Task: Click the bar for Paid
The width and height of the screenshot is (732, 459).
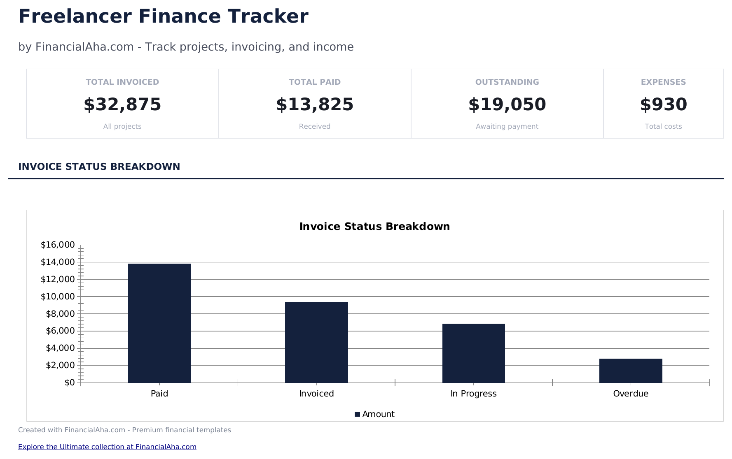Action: [159, 323]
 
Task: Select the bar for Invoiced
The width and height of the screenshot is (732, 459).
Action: [316, 342]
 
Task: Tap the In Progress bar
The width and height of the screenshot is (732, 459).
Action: [473, 353]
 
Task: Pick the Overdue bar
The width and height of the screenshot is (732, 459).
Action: [630, 371]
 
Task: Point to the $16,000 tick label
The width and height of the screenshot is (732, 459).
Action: [58, 245]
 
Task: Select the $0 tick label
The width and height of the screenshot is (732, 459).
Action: [70, 382]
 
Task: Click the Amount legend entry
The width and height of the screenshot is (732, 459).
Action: [374, 414]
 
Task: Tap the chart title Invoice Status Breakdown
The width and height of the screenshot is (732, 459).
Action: [374, 227]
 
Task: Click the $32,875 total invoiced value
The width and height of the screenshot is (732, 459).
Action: [122, 104]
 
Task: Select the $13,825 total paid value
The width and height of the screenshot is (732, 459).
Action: [315, 104]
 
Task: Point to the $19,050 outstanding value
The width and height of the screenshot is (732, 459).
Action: [507, 104]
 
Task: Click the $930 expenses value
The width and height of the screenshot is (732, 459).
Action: [663, 104]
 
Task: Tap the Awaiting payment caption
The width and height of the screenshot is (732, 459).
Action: [507, 126]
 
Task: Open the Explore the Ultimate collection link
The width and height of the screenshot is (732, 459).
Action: [107, 447]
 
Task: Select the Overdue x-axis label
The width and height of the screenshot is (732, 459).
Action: [630, 394]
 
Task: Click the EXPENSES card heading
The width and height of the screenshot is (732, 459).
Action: [663, 82]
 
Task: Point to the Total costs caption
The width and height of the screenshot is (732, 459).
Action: [663, 126]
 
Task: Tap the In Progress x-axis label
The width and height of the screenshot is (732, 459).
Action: [473, 394]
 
